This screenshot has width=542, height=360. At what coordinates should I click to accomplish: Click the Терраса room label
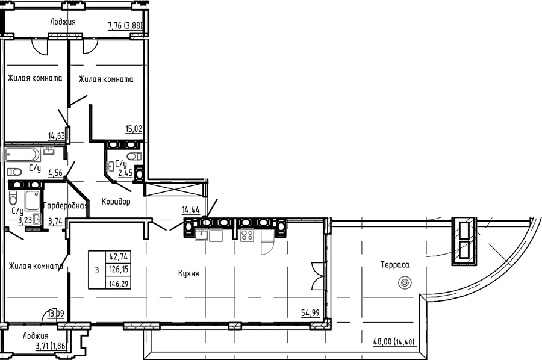394,265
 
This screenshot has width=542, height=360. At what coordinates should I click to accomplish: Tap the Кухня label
188,274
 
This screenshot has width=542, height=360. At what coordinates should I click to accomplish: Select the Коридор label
116,202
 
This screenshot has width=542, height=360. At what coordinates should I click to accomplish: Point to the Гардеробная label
65,206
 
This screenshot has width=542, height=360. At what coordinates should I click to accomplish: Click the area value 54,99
310,313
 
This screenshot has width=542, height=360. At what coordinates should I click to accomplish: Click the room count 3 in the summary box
97,270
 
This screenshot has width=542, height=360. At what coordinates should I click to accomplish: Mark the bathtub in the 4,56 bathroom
23,155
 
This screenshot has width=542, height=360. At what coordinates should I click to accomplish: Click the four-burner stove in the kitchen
247,235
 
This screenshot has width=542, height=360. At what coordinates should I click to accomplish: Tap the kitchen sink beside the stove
201,235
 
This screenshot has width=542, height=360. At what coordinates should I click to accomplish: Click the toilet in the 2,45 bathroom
134,156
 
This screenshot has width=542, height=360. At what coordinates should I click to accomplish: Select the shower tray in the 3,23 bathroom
33,200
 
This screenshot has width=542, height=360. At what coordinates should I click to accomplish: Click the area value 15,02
134,129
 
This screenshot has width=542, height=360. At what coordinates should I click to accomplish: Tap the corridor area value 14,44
191,209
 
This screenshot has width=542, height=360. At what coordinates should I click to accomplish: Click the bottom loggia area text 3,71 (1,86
51,344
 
